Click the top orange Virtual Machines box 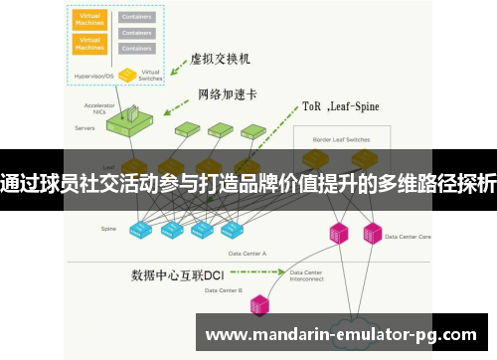[x=91, y=20]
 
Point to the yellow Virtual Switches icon [x=127, y=75]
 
